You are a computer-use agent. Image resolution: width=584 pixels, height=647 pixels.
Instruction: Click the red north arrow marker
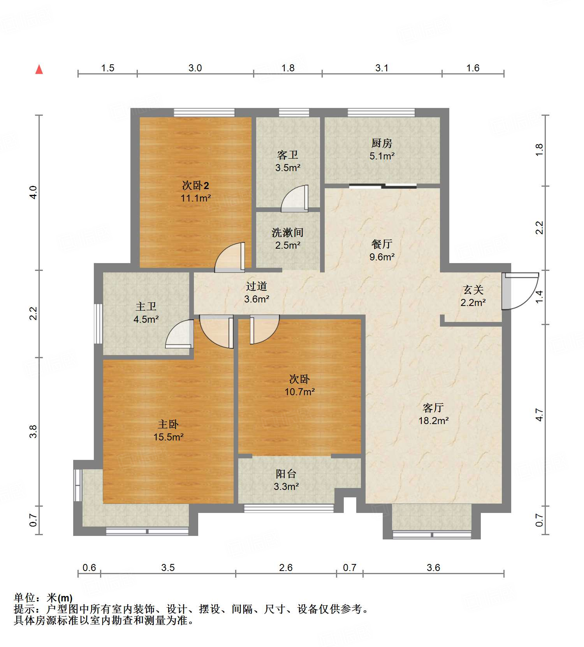coord(39,69)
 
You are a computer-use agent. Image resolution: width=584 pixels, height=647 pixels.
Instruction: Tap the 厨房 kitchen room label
coord(382,143)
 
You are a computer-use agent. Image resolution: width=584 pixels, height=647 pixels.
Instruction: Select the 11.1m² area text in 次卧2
coord(195,198)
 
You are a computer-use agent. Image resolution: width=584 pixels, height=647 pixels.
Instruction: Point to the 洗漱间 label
coord(287,233)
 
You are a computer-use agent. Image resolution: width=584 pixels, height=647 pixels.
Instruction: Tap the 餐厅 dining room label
coord(382,244)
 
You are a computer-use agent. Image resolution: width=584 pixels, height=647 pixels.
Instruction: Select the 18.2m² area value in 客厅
coord(433,421)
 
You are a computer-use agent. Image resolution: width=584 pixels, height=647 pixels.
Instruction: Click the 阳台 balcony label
coord(286,474)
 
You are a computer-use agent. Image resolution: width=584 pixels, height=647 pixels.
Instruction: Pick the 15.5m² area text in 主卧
coord(168,437)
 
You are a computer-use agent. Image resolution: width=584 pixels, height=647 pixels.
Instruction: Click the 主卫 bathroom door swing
coord(180,334)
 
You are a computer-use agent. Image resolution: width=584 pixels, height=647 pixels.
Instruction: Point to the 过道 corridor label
coord(257,286)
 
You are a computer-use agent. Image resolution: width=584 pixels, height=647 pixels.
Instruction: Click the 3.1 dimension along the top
coord(382,68)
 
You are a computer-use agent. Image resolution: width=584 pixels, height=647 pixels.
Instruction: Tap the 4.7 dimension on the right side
coord(539,415)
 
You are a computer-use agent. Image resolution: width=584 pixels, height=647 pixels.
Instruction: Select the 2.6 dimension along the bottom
coord(286,567)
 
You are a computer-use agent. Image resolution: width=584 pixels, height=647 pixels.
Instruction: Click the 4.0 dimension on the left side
coord(33,192)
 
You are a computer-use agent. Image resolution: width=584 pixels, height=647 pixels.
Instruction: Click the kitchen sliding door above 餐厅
coord(383,186)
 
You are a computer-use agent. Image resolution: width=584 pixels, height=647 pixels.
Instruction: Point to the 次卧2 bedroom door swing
coord(230,257)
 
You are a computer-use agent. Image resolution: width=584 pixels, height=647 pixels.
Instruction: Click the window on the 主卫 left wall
coord(98,323)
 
